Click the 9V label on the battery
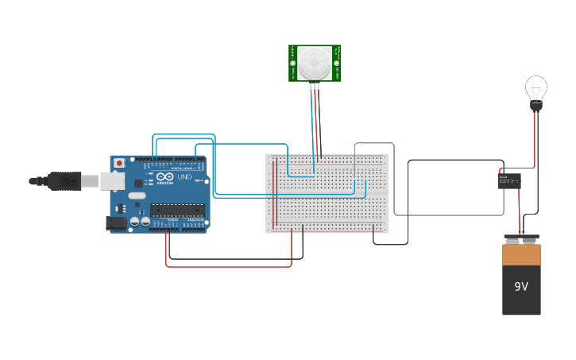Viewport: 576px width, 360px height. coord(521,287)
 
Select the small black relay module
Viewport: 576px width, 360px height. coord(509,181)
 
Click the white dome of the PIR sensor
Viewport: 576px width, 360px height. coord(315,61)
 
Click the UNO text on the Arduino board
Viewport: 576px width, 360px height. coord(184,176)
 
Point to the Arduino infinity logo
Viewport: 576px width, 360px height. coord(164,176)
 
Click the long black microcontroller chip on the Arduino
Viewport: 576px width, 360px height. coord(177,211)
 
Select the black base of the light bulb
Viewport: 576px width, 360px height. coord(536,105)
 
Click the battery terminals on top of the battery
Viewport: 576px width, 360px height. coord(521,238)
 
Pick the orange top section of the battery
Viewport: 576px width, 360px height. coord(521,255)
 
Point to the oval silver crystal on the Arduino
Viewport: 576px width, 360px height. coord(136,195)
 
